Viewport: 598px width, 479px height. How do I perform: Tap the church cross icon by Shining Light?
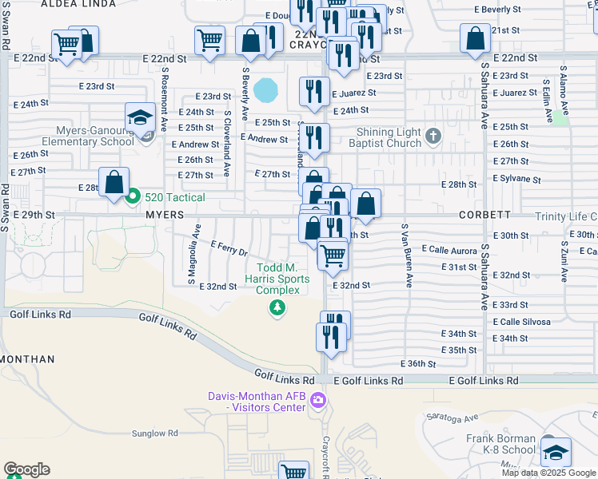433,135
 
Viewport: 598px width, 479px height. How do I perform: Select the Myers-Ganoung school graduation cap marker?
139,118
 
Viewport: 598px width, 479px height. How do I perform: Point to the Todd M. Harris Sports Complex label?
277,279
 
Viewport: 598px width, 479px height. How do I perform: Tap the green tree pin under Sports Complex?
277,307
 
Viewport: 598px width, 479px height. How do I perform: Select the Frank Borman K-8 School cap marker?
556,453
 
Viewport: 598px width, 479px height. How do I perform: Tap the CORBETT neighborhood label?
484,216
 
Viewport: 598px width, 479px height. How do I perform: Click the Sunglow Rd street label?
155,433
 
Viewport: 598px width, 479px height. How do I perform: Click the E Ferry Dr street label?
229,249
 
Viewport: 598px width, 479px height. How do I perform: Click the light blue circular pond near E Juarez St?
265,89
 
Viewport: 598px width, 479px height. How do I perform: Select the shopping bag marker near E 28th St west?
114,183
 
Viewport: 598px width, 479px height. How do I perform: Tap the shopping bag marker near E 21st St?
476,38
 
